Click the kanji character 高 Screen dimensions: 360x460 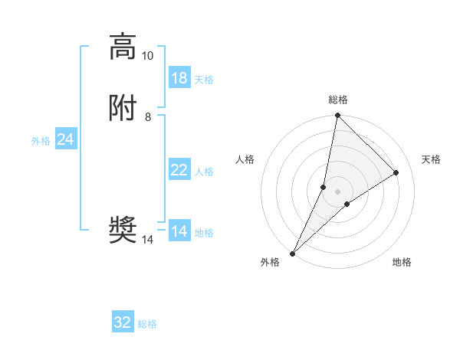123,47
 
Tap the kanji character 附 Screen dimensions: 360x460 123,108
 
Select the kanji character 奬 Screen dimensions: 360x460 123,231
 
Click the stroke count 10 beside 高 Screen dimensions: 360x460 147,56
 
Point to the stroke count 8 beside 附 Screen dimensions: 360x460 147,117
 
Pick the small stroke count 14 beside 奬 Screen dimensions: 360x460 147,240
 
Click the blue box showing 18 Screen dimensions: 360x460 179,78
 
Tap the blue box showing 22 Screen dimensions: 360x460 179,170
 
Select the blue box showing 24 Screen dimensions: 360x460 65,139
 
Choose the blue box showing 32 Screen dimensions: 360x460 123,322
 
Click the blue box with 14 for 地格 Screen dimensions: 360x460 179,231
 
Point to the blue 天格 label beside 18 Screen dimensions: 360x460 204,80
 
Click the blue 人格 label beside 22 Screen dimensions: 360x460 204,172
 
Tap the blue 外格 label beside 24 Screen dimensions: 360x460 41,141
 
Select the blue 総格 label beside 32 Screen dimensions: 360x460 147,324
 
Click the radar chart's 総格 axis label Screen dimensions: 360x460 338,100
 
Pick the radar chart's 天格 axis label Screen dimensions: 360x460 432,159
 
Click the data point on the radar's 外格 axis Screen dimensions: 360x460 292,253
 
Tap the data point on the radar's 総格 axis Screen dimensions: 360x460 337,115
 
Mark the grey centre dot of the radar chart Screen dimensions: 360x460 337,191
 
